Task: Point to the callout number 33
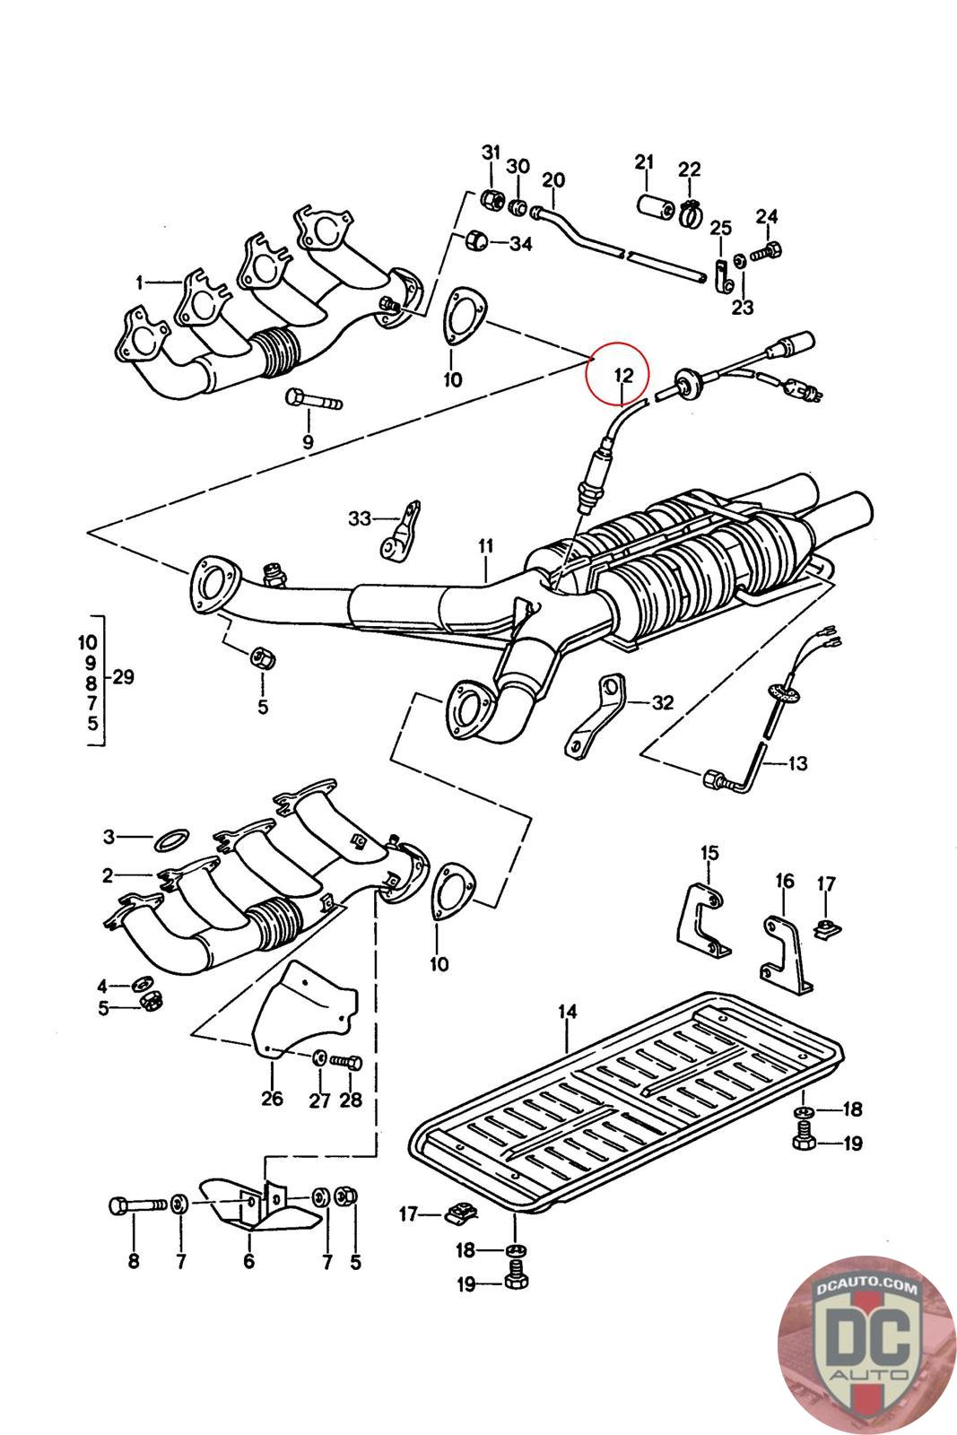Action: click(360, 518)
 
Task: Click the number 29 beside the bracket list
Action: click(123, 677)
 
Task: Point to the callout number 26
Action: click(272, 1098)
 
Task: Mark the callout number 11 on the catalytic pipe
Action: click(486, 544)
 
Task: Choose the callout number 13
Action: click(797, 764)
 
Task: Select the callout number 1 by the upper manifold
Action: click(140, 283)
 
